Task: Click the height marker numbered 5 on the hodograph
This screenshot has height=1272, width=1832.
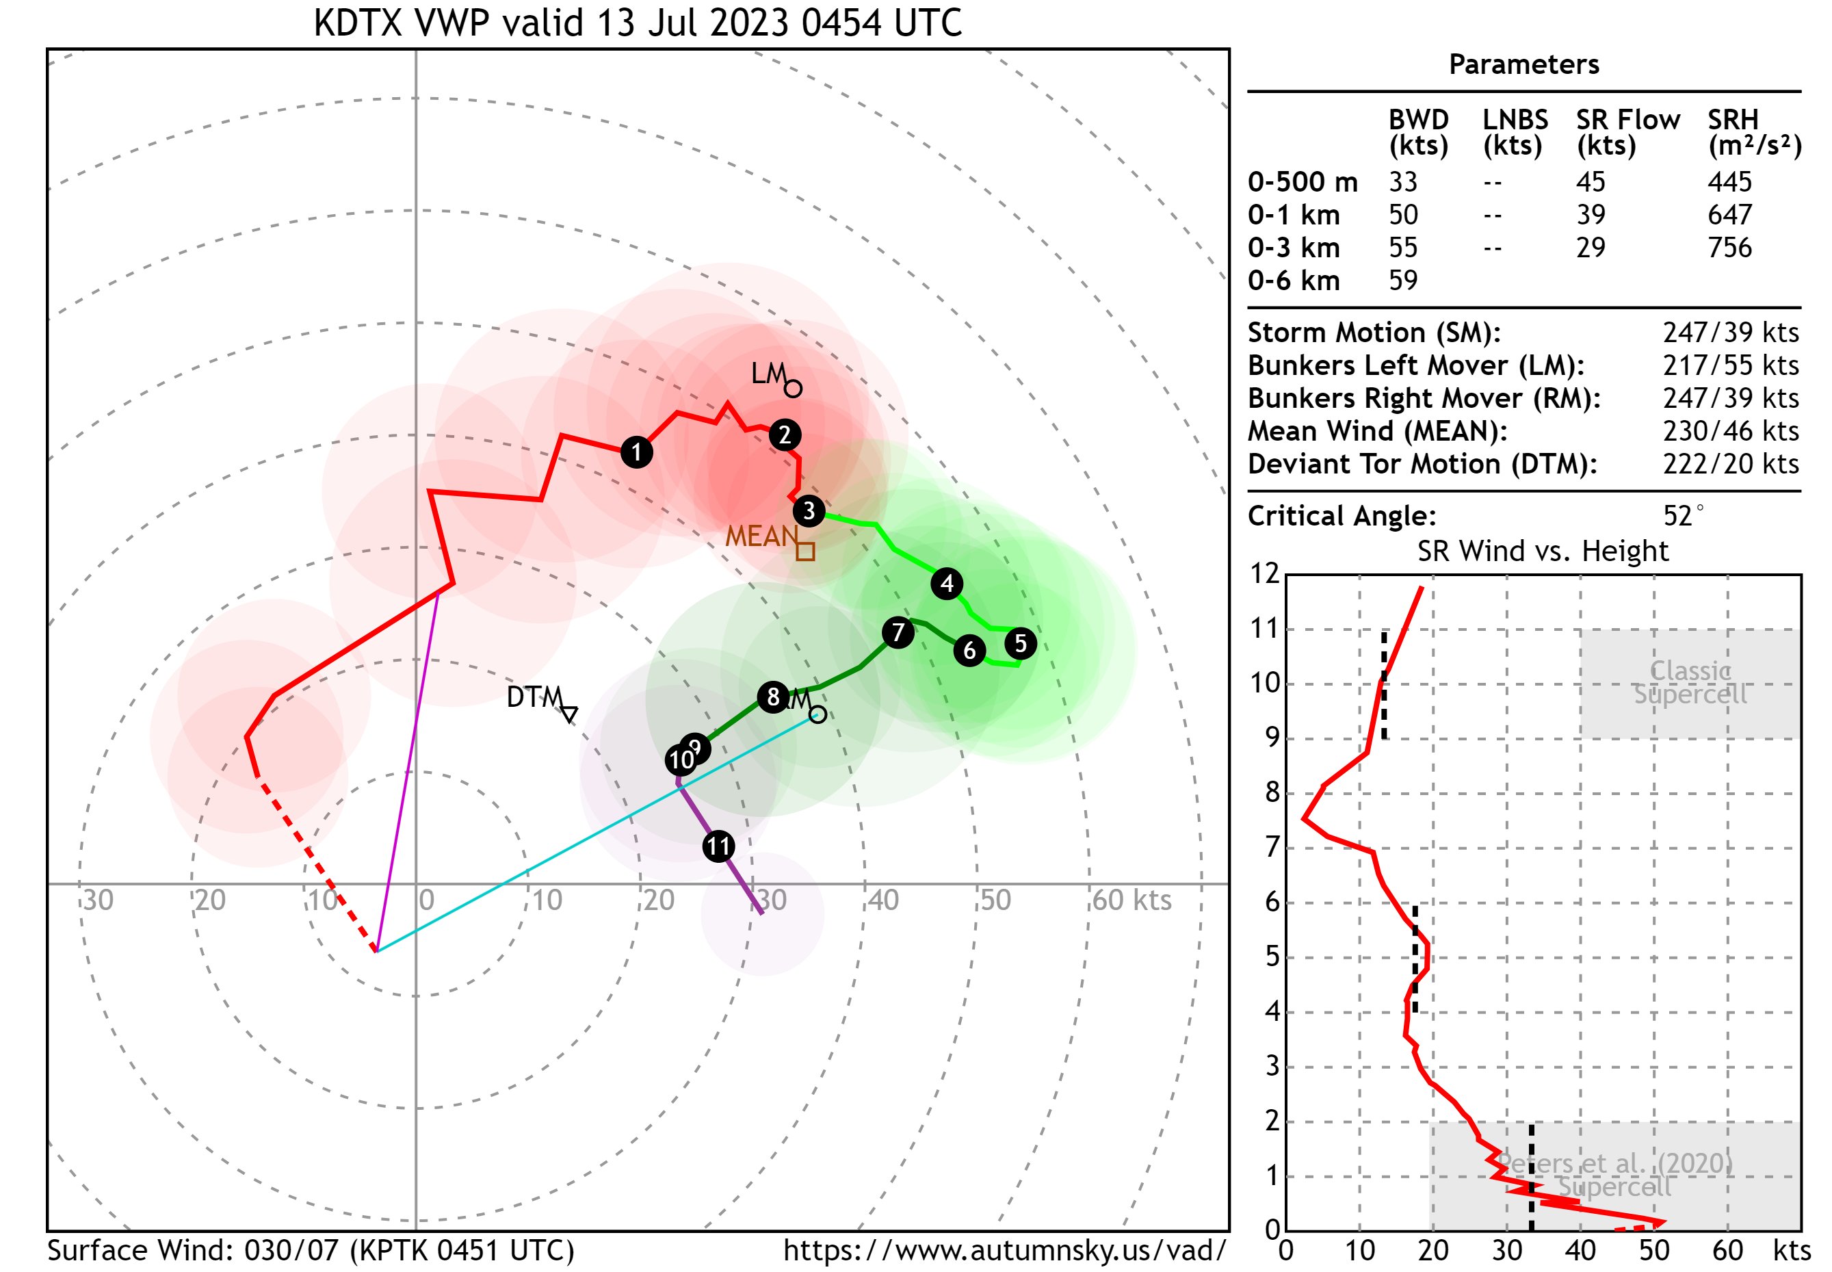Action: (1020, 643)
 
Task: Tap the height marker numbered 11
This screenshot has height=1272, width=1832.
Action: (718, 846)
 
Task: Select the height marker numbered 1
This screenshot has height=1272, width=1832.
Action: (636, 452)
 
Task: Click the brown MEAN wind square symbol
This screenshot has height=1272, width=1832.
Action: (806, 551)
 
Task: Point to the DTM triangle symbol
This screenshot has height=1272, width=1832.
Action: (569, 712)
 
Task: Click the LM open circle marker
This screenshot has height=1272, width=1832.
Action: (792, 389)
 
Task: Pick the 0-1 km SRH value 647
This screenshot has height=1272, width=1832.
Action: (1729, 214)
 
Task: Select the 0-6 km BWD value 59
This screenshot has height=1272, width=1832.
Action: (1402, 281)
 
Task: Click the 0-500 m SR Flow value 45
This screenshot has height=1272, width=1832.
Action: (1590, 182)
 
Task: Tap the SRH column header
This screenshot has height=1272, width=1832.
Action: (1731, 120)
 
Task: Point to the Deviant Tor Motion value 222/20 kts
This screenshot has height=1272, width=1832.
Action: (1730, 464)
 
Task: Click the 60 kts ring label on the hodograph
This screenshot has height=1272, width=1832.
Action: (1131, 900)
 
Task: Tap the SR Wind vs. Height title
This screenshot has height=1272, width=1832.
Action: (1542, 551)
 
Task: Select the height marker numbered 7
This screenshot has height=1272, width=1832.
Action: (898, 632)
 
